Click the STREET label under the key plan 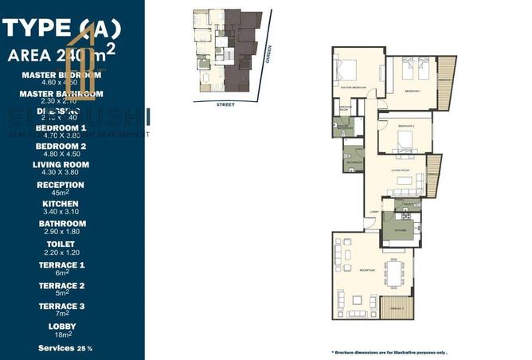pos(225,104)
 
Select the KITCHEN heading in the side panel pos(61,203)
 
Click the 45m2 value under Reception pos(61,193)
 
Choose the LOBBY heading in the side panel pos(61,327)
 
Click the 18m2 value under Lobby pos(61,336)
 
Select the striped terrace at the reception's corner pos(395,308)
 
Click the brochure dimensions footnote pos(388,351)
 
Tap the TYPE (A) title pos(61,30)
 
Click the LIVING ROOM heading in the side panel pos(61,165)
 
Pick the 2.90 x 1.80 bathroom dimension pos(61,233)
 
